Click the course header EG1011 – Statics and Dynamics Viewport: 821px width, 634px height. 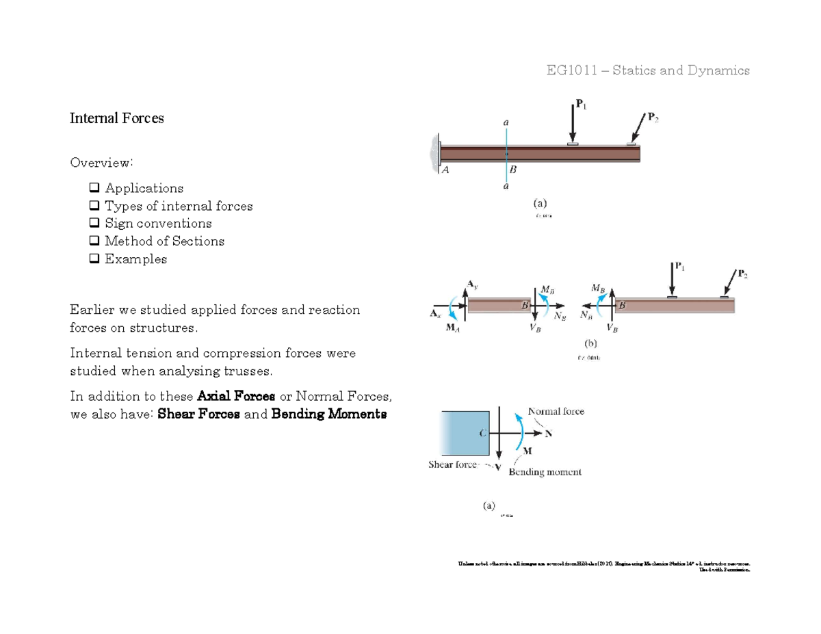pyautogui.click(x=647, y=70)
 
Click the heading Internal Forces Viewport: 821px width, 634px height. pyautogui.click(x=117, y=118)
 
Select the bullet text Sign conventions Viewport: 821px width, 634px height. pyautogui.click(x=158, y=224)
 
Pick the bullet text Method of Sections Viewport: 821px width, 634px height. pyautogui.click(x=164, y=241)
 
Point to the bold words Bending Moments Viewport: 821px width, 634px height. pyautogui.click(x=329, y=414)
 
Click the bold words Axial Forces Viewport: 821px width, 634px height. pyautogui.click(x=236, y=397)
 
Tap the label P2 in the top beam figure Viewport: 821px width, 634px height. pyautogui.click(x=653, y=118)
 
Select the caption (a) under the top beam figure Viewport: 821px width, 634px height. pyautogui.click(x=540, y=202)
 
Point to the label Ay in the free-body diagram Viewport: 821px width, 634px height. pyautogui.click(x=473, y=283)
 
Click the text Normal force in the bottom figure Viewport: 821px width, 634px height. pyautogui.click(x=556, y=412)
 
